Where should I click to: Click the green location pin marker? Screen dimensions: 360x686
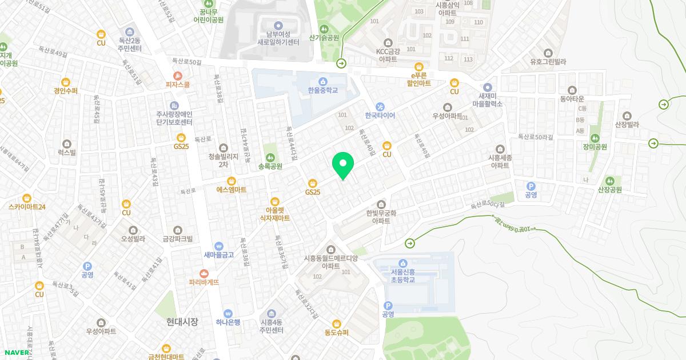point(343,166)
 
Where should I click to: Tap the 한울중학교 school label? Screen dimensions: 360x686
point(322,90)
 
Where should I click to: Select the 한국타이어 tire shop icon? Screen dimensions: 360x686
point(380,106)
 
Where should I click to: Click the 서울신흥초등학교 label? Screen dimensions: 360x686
point(403,275)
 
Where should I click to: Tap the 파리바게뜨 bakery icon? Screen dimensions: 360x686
point(204,274)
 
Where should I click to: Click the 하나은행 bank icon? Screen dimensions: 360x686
point(228,313)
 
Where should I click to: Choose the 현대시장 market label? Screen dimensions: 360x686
point(179,322)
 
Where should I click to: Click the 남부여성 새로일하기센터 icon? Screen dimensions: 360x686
point(278,26)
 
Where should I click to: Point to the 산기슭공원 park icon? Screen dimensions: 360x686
point(324,29)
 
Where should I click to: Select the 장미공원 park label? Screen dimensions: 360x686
point(595,147)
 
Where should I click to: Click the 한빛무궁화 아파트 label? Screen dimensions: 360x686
point(381,217)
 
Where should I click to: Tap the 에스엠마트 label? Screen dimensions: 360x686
point(231,190)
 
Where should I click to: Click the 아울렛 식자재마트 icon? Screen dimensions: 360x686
point(275,201)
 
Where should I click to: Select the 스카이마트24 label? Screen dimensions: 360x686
point(27,207)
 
